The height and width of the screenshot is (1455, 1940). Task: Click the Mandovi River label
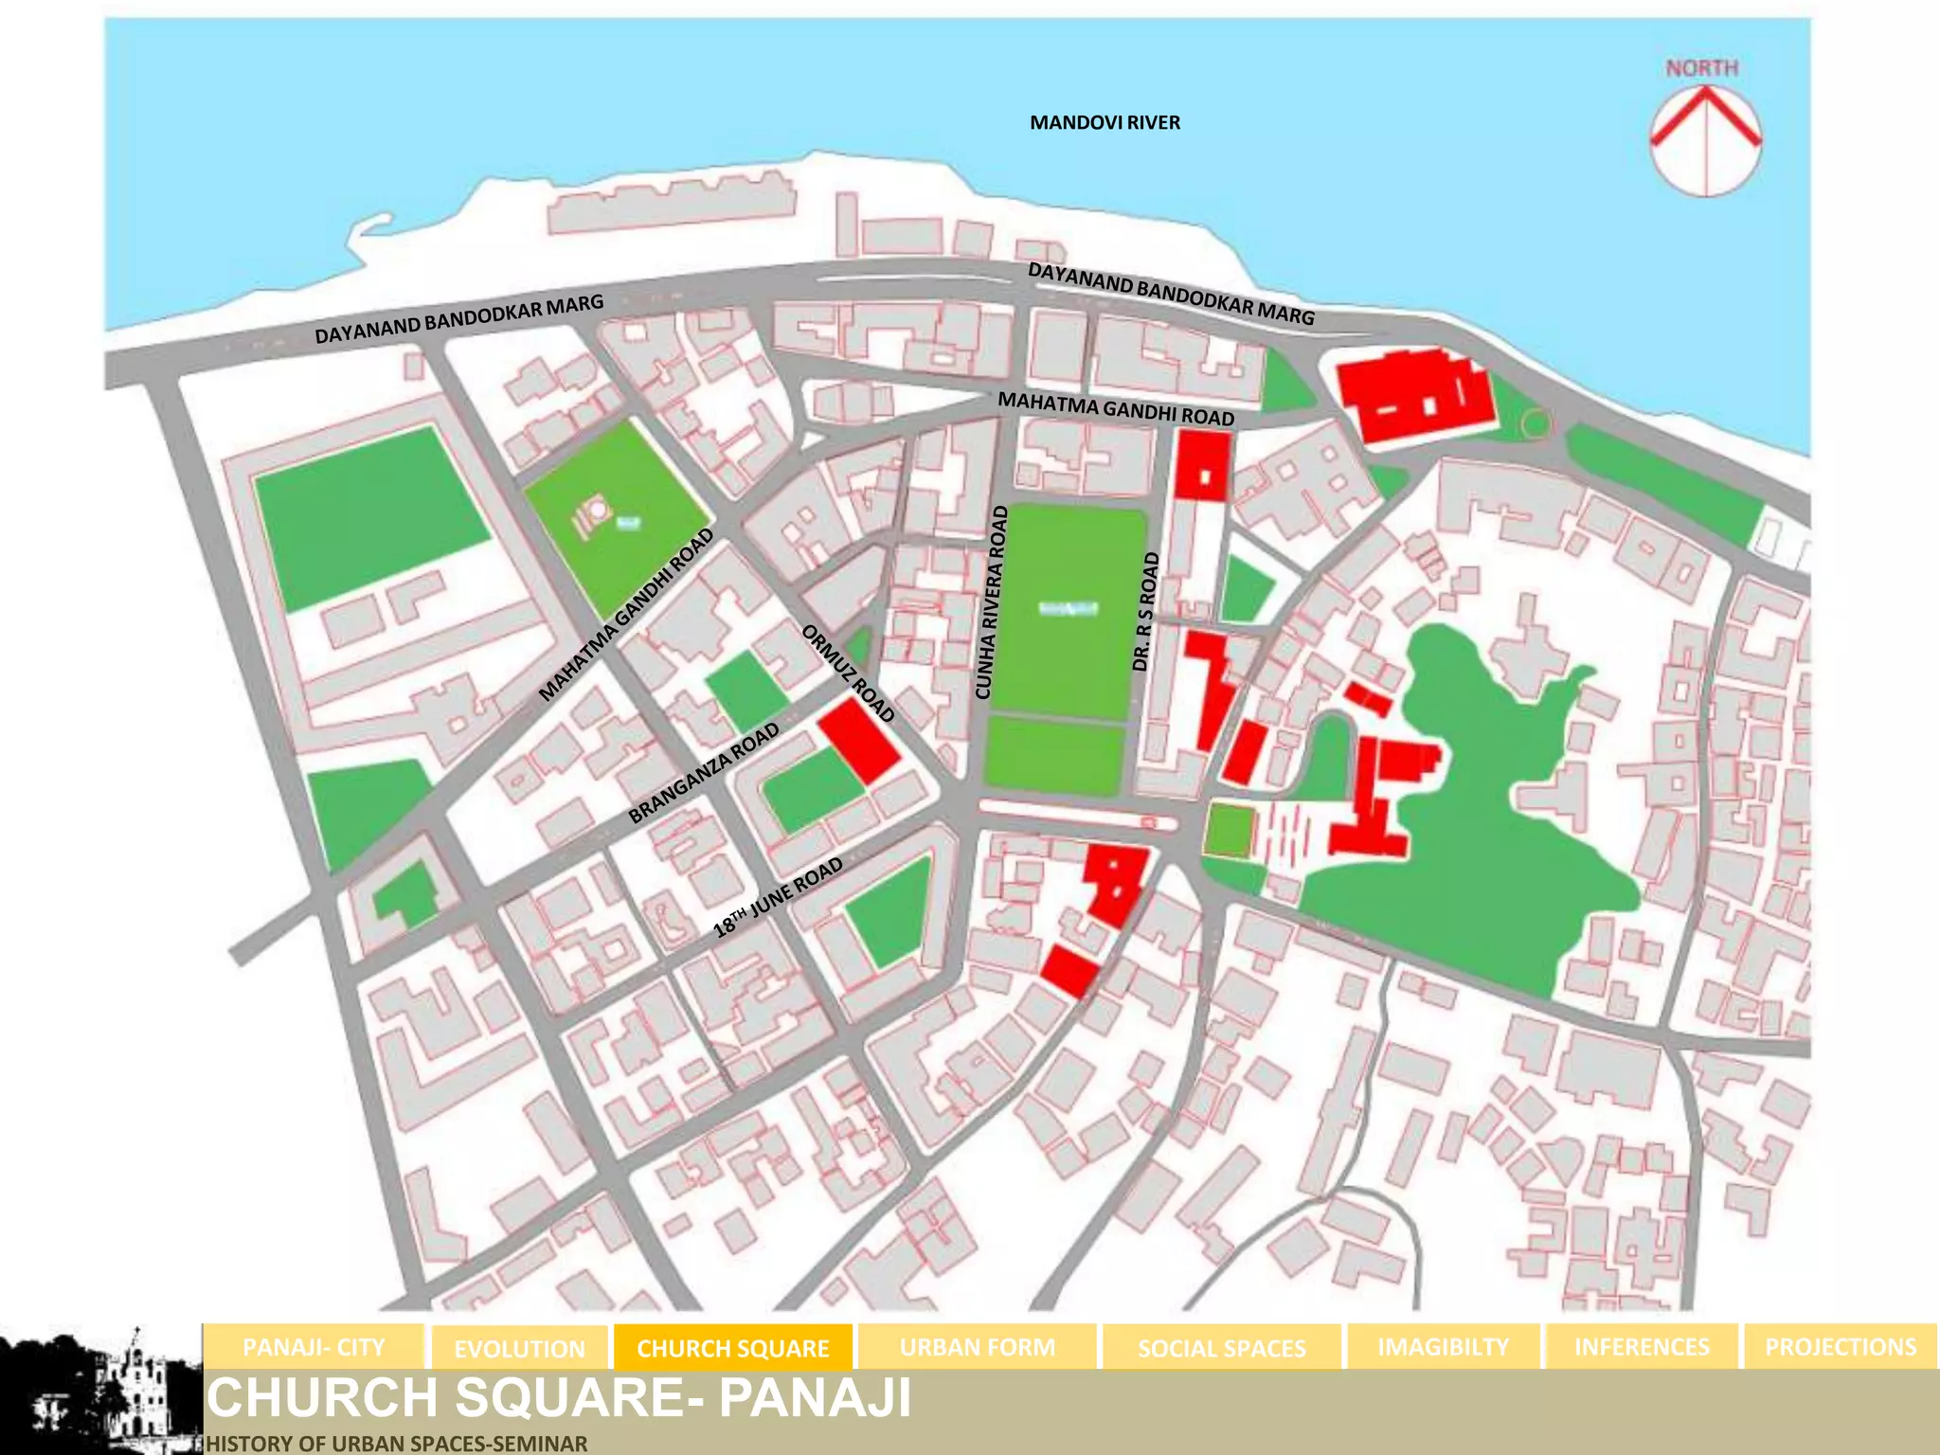pos(1105,123)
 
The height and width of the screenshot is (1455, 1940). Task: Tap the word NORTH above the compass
pos(1702,69)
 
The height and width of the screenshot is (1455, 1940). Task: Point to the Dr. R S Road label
pos(1145,612)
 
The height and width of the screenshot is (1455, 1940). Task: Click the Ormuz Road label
pos(848,674)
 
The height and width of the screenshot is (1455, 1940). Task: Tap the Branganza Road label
pos(704,773)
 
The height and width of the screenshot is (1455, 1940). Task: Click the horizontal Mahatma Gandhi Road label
pos(1116,409)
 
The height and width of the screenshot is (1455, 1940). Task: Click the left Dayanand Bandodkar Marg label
pos(458,320)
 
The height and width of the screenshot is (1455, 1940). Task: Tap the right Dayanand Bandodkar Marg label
pos(1171,294)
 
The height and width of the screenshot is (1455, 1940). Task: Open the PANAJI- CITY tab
pos(314,1347)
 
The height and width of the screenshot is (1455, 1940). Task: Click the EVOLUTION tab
pos(519,1348)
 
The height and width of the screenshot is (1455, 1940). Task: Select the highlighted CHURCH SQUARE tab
pos(733,1348)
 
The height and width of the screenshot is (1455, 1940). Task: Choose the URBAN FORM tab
pos(977,1347)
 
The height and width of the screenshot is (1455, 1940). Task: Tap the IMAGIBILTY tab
pos(1443,1347)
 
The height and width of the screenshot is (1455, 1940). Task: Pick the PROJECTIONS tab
pos(1840,1347)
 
